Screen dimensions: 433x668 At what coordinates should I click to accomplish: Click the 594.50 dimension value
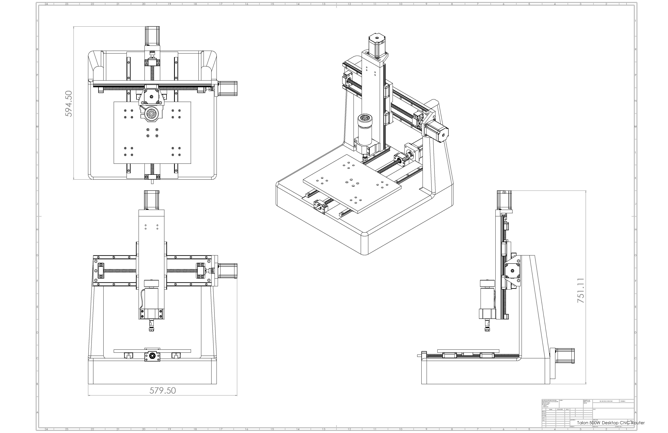(x=69, y=104)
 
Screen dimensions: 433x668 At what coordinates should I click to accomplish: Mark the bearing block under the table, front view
(x=152, y=356)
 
